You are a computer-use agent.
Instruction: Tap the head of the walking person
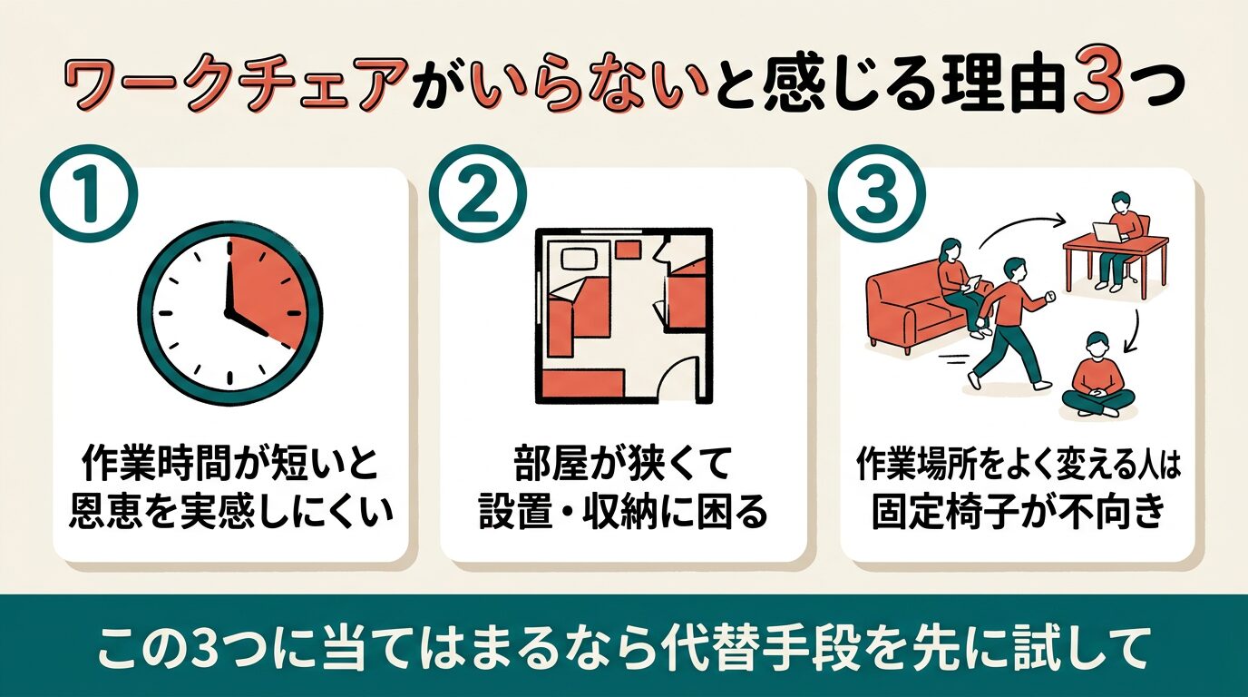pyautogui.click(x=1014, y=269)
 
